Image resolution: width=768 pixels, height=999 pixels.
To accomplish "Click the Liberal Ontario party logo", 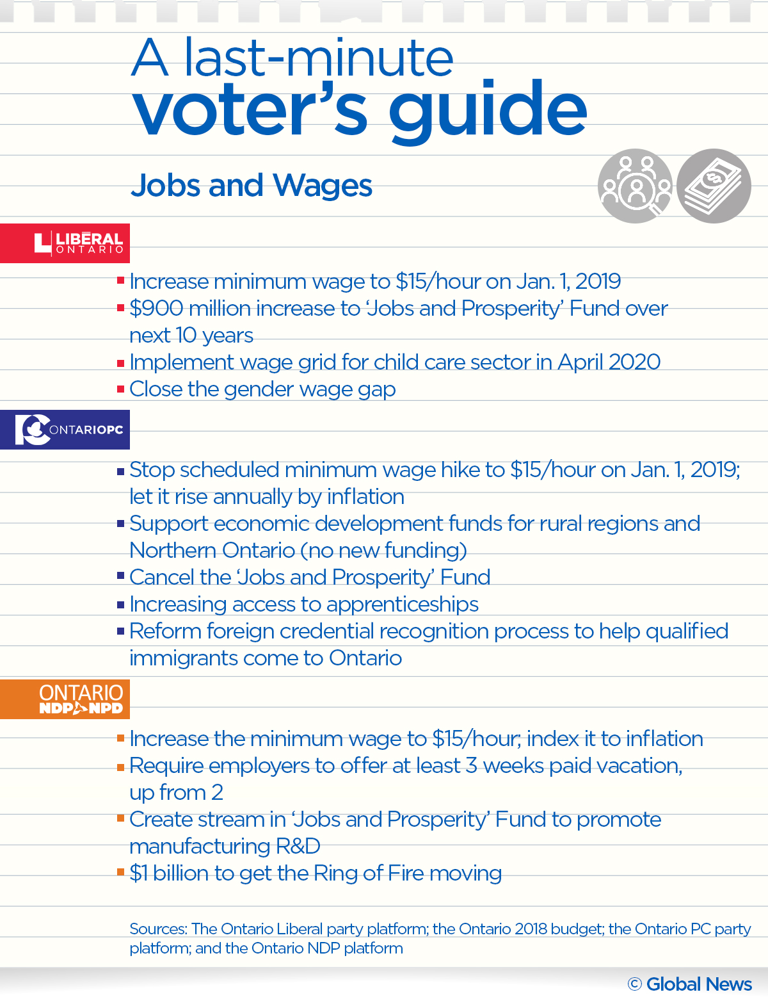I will [x=78, y=243].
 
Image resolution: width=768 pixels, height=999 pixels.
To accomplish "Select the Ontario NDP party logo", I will [x=81, y=699].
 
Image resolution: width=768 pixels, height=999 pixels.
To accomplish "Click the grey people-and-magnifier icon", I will [x=635, y=186].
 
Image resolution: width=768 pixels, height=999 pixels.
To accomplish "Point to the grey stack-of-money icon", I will [x=714, y=186].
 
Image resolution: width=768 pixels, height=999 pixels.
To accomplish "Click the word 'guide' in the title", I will [x=488, y=110].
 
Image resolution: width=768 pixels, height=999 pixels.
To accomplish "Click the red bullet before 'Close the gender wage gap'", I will [x=120, y=389].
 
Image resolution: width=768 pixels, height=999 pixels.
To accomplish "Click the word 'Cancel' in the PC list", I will [x=162, y=578].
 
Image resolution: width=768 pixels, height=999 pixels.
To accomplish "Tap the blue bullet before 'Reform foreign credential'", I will [x=120, y=631].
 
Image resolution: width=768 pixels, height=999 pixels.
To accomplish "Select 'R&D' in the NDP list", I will [x=298, y=847].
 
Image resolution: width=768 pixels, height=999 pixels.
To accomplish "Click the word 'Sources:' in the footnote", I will [x=157, y=929].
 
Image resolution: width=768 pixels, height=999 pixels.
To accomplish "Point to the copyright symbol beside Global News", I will [x=634, y=984].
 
